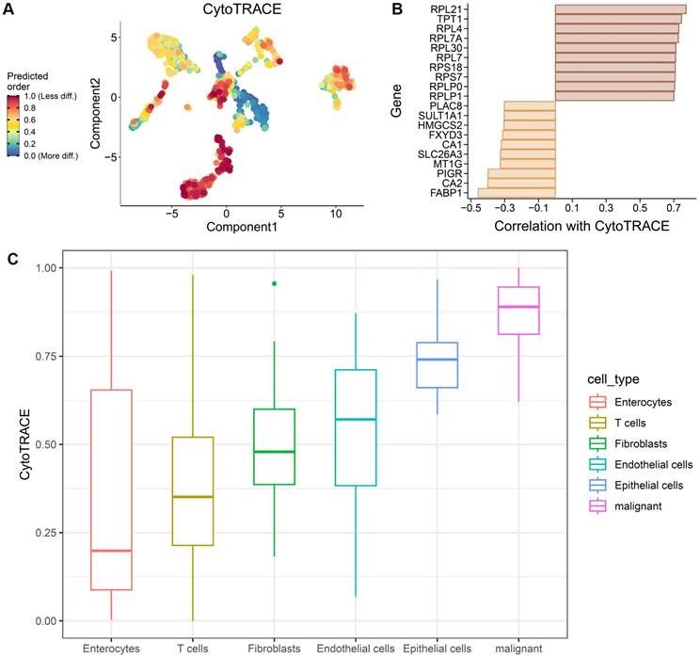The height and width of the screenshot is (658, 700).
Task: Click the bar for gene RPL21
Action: tap(621, 9)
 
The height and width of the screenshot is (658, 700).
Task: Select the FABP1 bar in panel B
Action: tap(517, 193)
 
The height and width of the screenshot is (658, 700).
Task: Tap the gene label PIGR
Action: tap(450, 173)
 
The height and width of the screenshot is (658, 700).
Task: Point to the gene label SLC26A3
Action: tap(439, 154)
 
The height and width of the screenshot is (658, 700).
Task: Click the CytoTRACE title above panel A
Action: tap(242, 8)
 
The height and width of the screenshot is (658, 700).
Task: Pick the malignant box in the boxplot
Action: tap(518, 311)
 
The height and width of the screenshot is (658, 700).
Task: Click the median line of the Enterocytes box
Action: tap(111, 551)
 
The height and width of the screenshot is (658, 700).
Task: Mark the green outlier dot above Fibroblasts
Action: tap(274, 283)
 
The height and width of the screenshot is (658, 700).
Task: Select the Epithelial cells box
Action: tap(437, 365)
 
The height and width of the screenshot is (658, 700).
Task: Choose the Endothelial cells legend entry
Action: tap(641, 465)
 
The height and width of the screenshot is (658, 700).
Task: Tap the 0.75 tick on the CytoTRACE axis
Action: tap(45, 356)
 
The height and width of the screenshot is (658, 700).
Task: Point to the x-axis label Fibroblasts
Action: tap(274, 649)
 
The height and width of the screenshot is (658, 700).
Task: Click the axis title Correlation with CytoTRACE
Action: tap(581, 226)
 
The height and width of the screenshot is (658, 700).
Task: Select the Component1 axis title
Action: tap(242, 227)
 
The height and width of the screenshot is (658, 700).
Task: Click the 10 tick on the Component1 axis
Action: tap(336, 214)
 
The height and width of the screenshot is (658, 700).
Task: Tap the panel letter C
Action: tap(13, 259)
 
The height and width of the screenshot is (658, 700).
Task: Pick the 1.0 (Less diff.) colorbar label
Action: tap(51, 96)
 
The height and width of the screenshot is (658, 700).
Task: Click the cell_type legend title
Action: tap(612, 379)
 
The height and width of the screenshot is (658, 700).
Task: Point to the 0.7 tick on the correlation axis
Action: tap(674, 208)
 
